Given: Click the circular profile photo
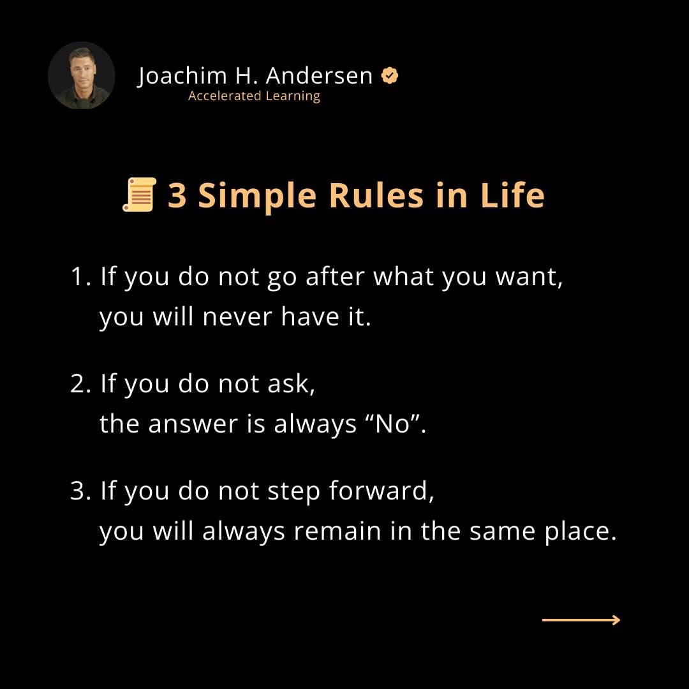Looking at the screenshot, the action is pyautogui.click(x=81, y=75).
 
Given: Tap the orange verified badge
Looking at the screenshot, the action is pyautogui.click(x=389, y=75).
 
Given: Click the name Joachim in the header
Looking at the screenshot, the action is pyautogui.click(x=182, y=75).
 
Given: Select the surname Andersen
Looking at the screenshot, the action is pyautogui.click(x=319, y=75).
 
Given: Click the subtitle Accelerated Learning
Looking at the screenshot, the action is pyautogui.click(x=254, y=96).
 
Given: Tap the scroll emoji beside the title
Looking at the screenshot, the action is pyautogui.click(x=139, y=194).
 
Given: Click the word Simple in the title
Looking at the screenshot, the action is pyautogui.click(x=257, y=196).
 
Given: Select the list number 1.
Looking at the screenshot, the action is pyautogui.click(x=80, y=277).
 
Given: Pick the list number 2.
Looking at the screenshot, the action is pyautogui.click(x=80, y=383).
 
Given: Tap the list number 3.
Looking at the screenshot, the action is pyautogui.click(x=80, y=491).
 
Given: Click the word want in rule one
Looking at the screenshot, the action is pyautogui.click(x=529, y=278).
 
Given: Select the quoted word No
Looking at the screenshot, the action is pyautogui.click(x=392, y=424).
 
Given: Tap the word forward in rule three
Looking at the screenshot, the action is pyautogui.click(x=382, y=490).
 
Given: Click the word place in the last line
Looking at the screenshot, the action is pyautogui.click(x=581, y=531).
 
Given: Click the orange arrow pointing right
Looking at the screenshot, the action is pyautogui.click(x=581, y=620).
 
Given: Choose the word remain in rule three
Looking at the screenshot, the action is pyautogui.click(x=337, y=531).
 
